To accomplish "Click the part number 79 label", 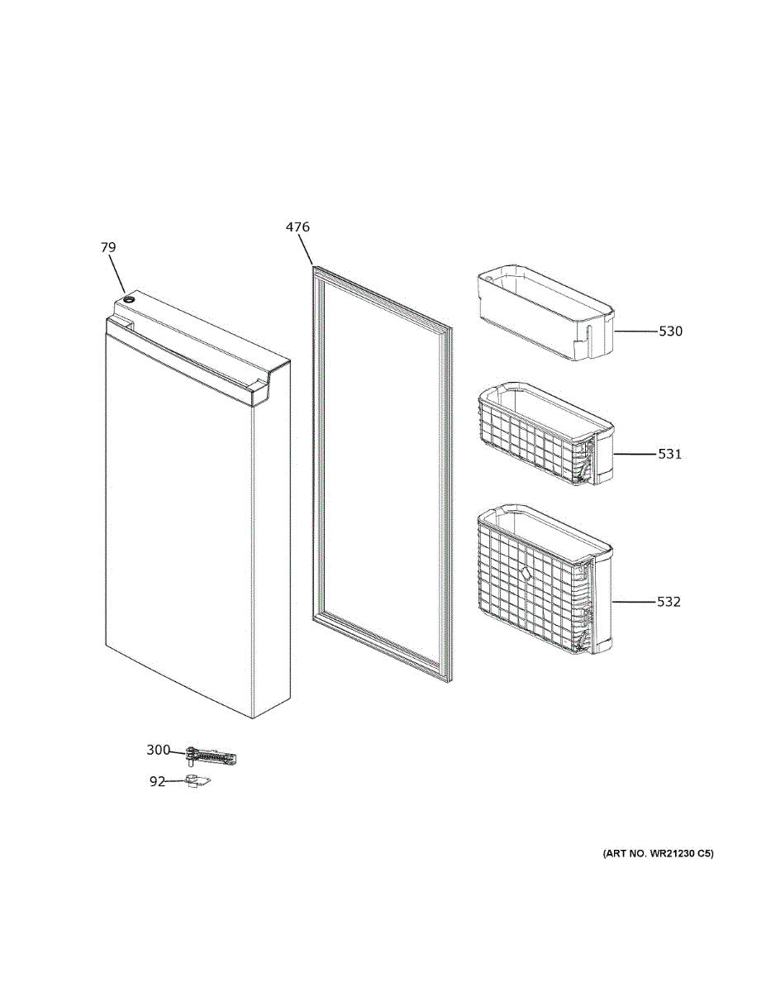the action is point(108,247).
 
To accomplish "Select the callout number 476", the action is point(297,227).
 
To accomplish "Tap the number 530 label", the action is point(670,331).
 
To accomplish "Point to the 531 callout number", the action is point(669,454).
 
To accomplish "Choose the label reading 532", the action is point(668,602).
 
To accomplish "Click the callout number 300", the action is point(159,750).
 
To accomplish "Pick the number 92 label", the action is point(157,781).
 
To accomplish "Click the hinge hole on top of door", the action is point(130,299).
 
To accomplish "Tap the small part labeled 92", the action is point(198,781).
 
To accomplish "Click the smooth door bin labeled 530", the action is point(545,312).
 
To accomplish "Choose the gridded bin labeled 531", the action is point(545,434).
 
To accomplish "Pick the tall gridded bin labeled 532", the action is point(545,579).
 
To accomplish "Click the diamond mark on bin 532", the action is point(526,572).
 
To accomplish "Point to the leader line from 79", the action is point(117,274).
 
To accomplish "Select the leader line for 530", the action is point(636,331).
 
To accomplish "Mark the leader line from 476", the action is point(306,250).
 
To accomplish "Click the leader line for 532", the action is point(635,602).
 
